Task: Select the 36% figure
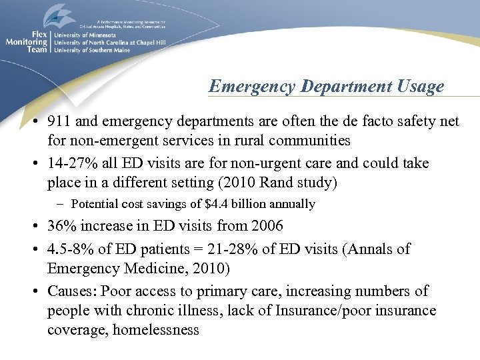click(x=62, y=227)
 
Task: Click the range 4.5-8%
click(x=74, y=249)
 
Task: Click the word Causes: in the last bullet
click(x=71, y=291)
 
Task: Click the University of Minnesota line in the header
click(x=85, y=35)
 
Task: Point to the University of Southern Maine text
click(x=91, y=49)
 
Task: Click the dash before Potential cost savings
click(x=61, y=204)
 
